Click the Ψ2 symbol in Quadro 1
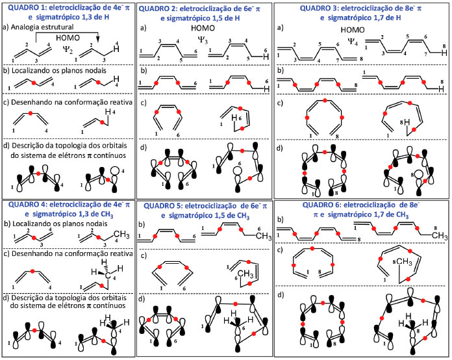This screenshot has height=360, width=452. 76,47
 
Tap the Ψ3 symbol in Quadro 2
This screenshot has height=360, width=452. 202,40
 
